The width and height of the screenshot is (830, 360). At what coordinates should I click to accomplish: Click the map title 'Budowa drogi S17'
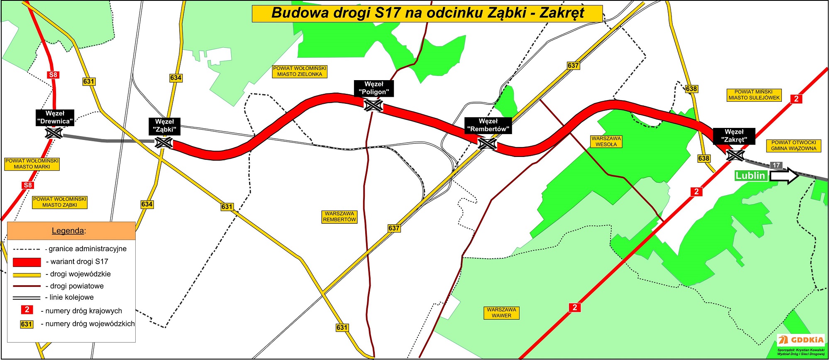427,13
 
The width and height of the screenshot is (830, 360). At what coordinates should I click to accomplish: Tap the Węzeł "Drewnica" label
55,118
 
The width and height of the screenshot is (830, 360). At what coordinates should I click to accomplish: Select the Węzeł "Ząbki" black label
165,126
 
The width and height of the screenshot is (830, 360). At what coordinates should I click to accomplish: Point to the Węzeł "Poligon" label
373,88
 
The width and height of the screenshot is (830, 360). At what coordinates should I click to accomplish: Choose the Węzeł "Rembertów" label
488,125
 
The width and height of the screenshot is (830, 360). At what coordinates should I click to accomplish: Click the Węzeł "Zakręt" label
734,136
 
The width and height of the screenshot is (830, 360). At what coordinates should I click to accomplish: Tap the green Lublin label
750,176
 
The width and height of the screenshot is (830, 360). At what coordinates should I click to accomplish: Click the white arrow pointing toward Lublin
784,176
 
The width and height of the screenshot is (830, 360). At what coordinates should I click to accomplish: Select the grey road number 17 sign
776,165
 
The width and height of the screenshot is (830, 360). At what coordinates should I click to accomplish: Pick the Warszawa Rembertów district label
339,217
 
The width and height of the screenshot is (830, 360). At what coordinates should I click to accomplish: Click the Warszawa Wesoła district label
606,142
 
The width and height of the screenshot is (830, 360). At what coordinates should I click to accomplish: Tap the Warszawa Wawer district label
501,313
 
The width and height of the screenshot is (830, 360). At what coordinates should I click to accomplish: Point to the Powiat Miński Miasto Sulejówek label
754,95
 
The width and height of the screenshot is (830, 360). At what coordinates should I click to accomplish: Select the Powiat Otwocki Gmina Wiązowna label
793,145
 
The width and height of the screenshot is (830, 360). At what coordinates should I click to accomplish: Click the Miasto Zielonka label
300,71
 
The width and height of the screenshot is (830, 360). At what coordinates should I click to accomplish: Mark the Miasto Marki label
32,164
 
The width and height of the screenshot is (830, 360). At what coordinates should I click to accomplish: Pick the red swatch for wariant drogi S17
27,262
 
